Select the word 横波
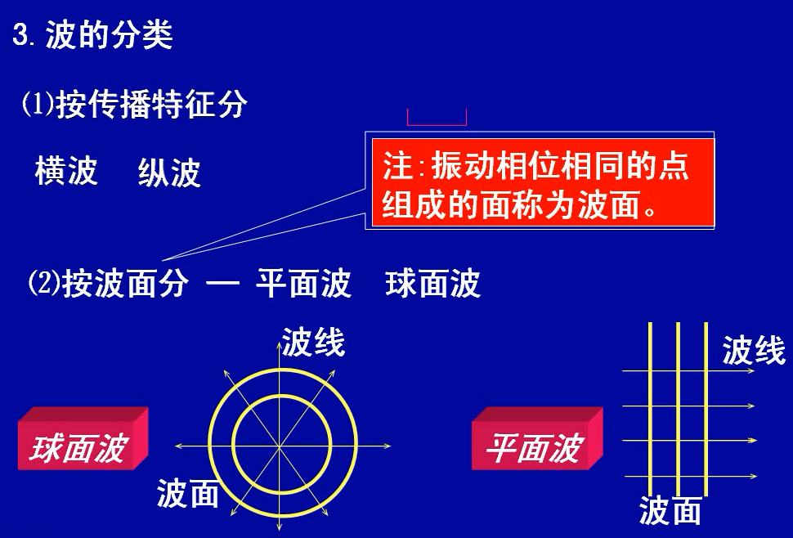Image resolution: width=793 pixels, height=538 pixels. click(x=66, y=172)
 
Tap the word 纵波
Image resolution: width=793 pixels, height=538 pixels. click(x=169, y=173)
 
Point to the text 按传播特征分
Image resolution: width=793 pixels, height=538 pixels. click(x=151, y=105)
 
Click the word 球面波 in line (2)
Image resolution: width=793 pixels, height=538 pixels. click(x=432, y=284)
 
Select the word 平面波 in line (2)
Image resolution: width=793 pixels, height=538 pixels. click(x=303, y=284)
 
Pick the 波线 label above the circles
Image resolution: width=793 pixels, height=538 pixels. click(x=313, y=343)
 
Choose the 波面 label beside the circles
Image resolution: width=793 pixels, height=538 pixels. click(x=188, y=493)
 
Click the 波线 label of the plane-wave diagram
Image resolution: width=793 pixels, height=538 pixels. click(x=753, y=351)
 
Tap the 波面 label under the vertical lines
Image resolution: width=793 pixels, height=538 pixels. click(x=670, y=511)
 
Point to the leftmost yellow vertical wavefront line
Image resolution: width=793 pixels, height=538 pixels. click(x=650, y=409)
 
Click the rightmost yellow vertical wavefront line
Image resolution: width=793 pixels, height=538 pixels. click(x=706, y=409)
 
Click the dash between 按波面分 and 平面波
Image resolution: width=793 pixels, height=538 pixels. click(x=222, y=285)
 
